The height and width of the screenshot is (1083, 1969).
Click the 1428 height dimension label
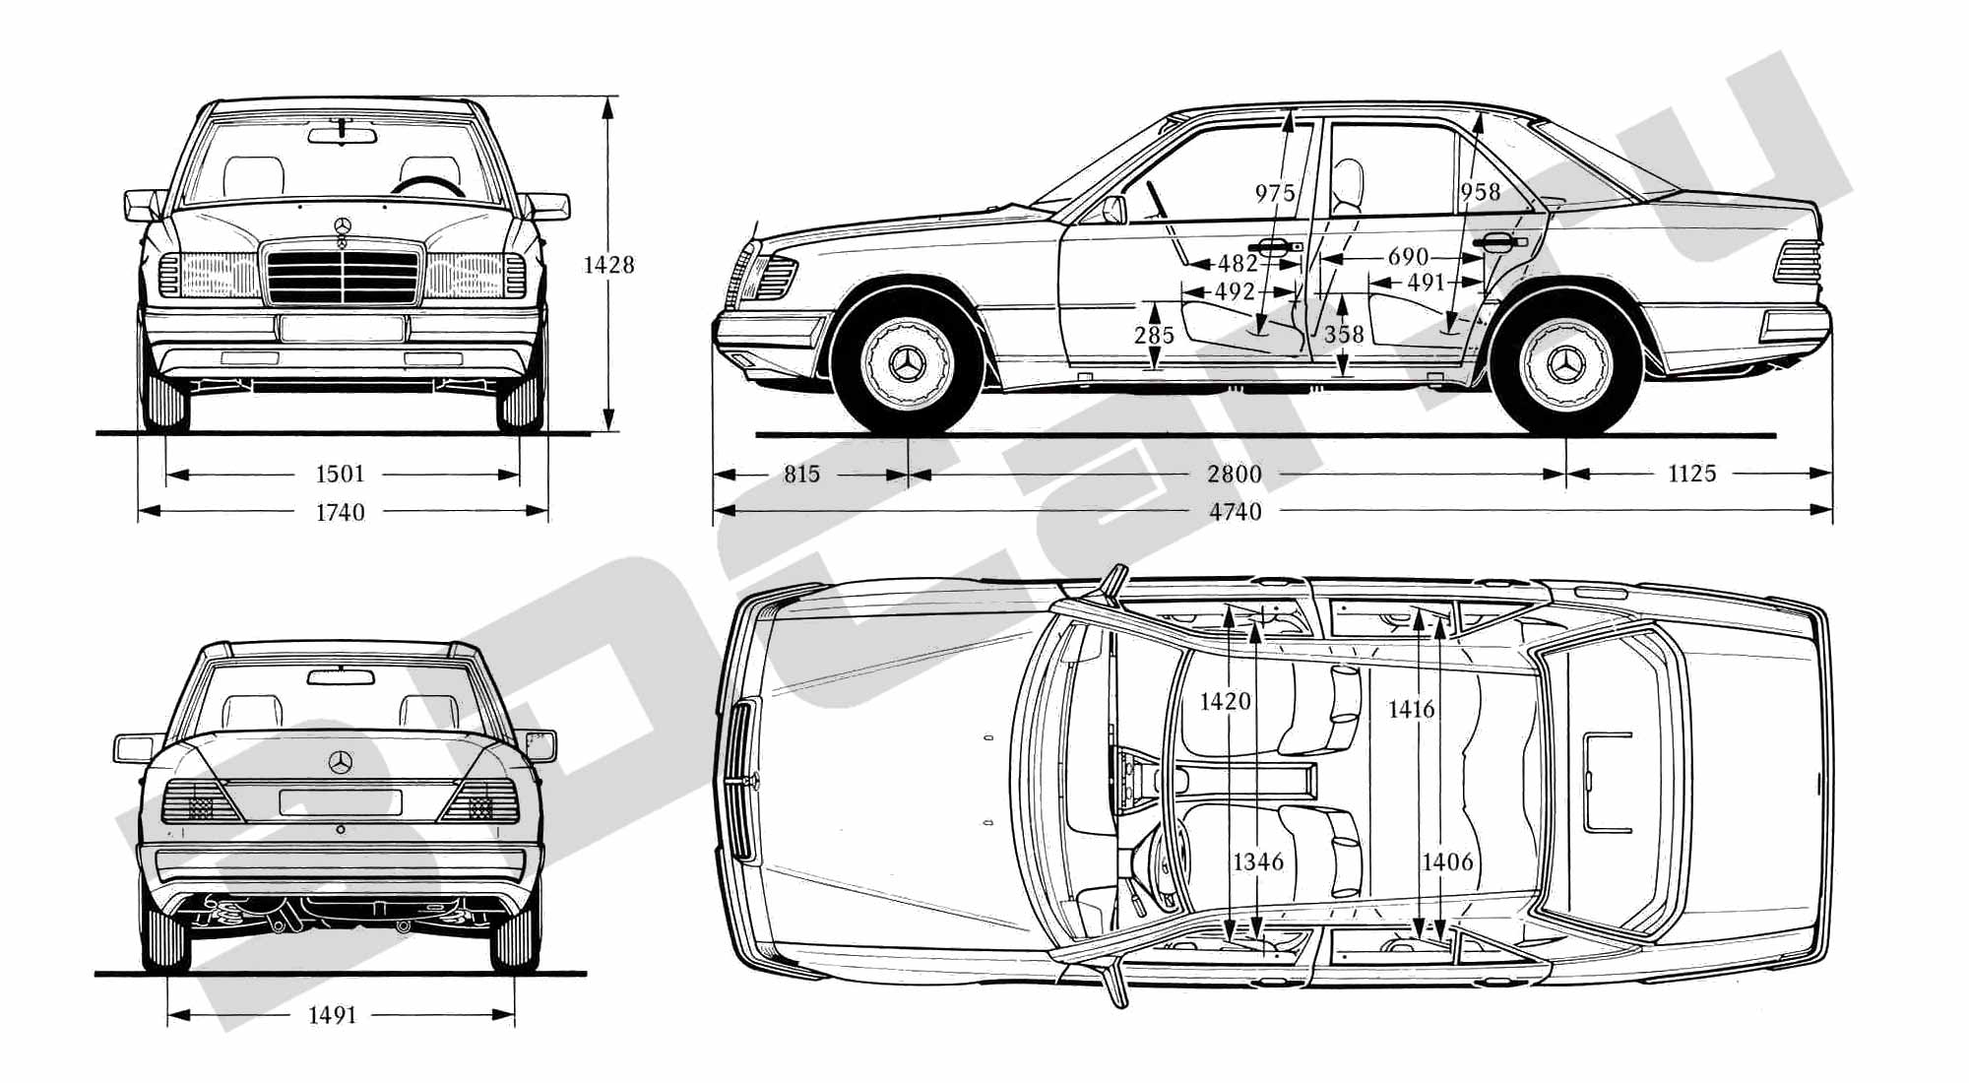tap(608, 265)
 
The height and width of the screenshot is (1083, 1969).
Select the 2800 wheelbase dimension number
tap(1235, 475)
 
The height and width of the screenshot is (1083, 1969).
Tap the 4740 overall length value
tap(1235, 512)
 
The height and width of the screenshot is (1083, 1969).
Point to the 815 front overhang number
tap(801, 475)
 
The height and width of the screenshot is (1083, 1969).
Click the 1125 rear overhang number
tap(1691, 475)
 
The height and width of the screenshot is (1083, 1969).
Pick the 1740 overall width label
tap(340, 513)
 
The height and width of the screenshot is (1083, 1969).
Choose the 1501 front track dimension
tap(340, 475)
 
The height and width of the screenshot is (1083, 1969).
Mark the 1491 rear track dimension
tap(332, 1016)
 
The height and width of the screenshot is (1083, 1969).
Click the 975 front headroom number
tap(1274, 193)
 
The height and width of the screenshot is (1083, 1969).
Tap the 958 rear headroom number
tap(1481, 192)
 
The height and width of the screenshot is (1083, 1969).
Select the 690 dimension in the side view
tap(1408, 257)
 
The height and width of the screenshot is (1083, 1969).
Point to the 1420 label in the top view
tap(1225, 702)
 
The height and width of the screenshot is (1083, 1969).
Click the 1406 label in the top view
tap(1447, 862)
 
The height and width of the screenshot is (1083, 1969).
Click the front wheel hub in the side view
tap(907, 365)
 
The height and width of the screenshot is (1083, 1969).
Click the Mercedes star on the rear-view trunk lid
tap(341, 762)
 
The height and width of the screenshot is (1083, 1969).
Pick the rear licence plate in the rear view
tap(341, 802)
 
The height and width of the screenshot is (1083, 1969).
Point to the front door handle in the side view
tap(1275, 246)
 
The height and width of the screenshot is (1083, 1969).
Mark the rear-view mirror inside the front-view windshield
tap(342, 135)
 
